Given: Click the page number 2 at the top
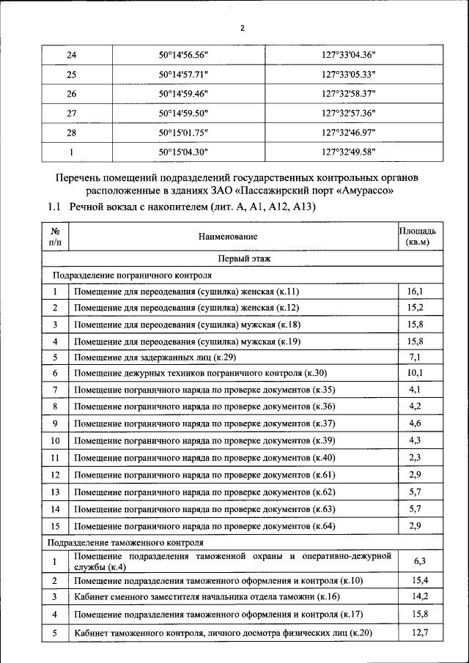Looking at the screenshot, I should tap(241, 29).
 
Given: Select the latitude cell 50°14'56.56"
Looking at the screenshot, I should tap(184, 55).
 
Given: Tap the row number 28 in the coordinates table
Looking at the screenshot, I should tap(71, 133).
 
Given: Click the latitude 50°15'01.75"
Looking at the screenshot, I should tap(184, 133).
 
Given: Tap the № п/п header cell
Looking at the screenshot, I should tap(55, 236).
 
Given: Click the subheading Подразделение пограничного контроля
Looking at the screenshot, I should tap(131, 275).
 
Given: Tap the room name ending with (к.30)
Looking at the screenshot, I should tap(201, 374).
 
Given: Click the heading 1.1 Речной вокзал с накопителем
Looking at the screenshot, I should tap(182, 207).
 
